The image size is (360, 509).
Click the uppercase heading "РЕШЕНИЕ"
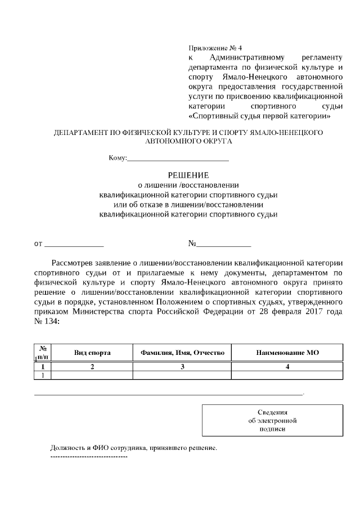click(188, 174)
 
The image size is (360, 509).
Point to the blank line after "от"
click(74, 244)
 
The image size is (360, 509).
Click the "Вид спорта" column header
click(92, 353)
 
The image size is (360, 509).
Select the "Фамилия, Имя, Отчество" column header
click(182, 353)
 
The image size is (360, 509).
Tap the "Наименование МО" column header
click(287, 353)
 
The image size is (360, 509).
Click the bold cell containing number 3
click(182, 367)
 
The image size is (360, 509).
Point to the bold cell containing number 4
click(287, 367)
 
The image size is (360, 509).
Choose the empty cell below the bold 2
click(92, 376)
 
